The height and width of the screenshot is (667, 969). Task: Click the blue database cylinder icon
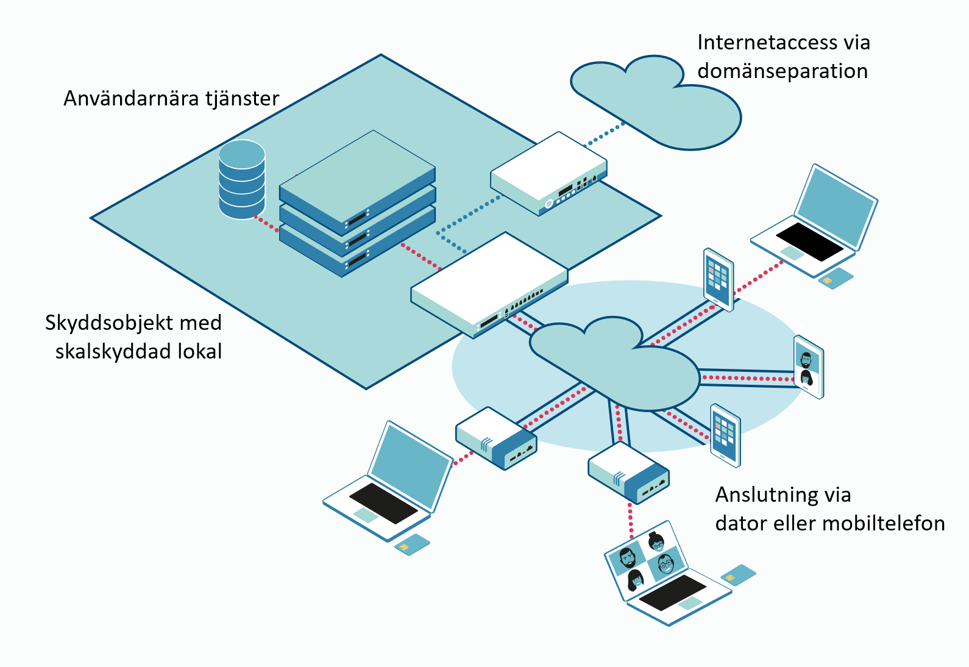[242, 180]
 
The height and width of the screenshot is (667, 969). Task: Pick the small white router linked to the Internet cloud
[548, 174]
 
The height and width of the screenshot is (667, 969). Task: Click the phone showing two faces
[809, 366]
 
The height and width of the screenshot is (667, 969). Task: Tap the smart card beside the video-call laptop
[738, 574]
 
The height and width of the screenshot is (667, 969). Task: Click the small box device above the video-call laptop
[628, 472]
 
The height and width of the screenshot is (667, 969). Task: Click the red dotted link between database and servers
[266, 223]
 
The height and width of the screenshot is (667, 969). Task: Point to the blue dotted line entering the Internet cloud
[605, 135]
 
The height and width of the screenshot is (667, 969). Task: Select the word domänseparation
[783, 71]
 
